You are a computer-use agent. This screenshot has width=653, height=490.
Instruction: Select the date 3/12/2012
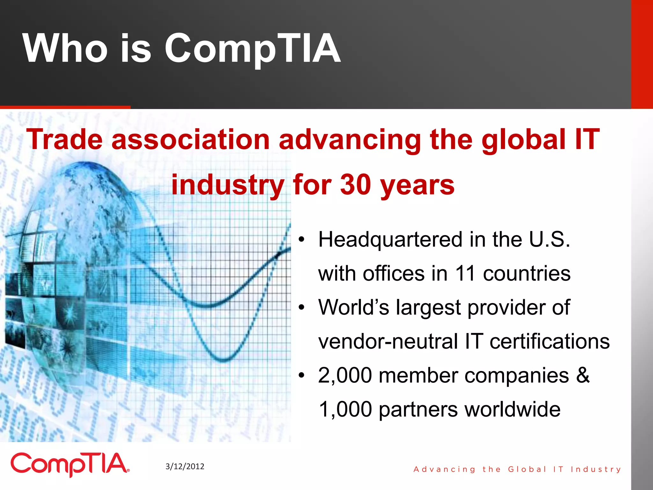[x=185, y=466]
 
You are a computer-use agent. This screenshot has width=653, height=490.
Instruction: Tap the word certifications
[x=549, y=341]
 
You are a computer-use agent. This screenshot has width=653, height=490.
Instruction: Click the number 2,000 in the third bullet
[x=345, y=375]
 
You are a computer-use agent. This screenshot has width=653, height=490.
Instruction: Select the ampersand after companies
[x=583, y=375]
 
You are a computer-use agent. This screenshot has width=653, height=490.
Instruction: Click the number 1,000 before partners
[x=345, y=409]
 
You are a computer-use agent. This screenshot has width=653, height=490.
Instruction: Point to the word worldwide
[x=512, y=409]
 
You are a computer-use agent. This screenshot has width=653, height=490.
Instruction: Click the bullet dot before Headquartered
[x=302, y=240]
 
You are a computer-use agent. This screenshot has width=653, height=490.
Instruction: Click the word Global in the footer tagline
[x=527, y=469]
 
